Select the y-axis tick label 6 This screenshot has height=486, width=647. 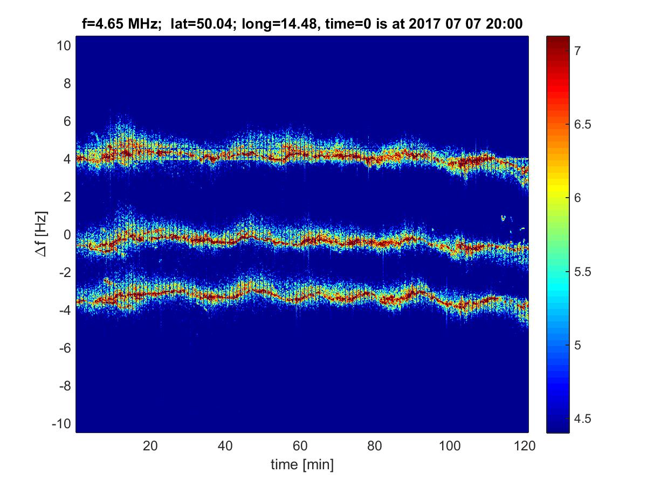click(x=66, y=122)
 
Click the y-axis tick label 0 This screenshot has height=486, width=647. click(x=66, y=235)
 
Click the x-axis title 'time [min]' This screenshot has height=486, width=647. click(x=302, y=464)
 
